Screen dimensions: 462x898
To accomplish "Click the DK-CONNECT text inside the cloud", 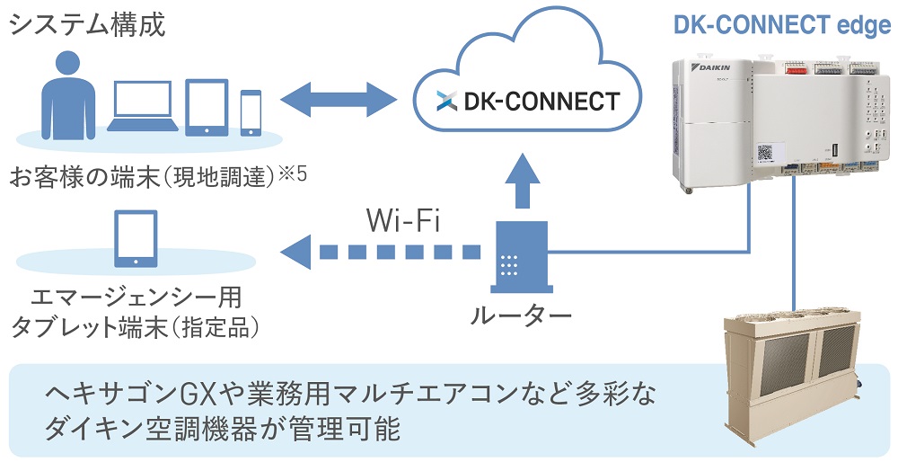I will pyautogui.click(x=541, y=100).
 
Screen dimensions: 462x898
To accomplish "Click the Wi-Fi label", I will pyautogui.click(x=401, y=220).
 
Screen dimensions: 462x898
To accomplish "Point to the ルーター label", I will pyautogui.click(x=520, y=315).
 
